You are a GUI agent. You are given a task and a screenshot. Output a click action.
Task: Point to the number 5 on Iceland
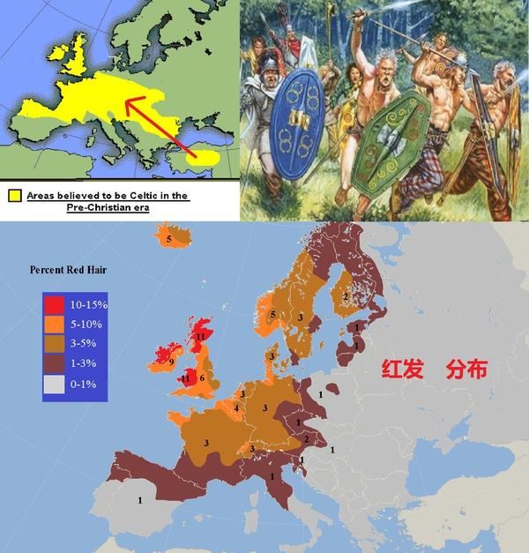(x=168, y=237)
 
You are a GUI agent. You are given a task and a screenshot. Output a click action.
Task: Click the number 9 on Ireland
(x=170, y=362)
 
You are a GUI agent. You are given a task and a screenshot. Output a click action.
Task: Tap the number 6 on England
(x=203, y=377)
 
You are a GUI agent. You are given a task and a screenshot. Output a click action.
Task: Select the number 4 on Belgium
(x=235, y=408)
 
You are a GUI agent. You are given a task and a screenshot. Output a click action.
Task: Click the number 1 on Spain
(x=140, y=500)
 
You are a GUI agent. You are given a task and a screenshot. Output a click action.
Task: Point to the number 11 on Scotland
(x=201, y=336)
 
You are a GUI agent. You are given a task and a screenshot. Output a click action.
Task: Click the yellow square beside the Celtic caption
(x=15, y=195)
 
